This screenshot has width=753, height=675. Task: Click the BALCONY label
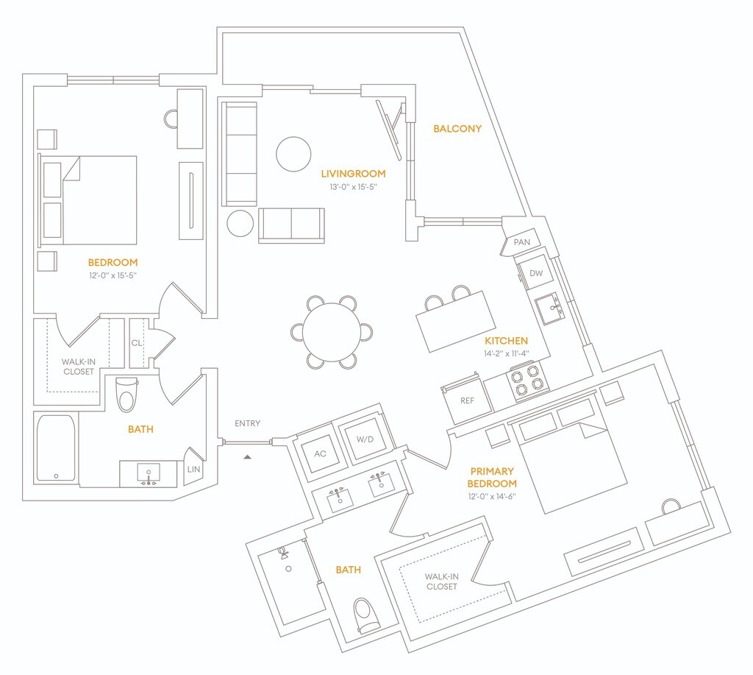tap(457, 128)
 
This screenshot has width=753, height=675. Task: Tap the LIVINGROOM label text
tap(354, 174)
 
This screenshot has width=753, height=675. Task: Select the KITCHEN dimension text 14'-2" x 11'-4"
tap(506, 353)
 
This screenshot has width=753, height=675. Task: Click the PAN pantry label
tap(522, 242)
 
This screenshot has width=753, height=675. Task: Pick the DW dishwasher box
tap(536, 272)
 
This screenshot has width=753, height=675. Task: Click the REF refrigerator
tap(467, 400)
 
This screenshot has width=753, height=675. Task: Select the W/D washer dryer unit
tap(365, 439)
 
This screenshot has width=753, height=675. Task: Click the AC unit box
tap(321, 453)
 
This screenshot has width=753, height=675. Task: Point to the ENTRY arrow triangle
tap(247, 456)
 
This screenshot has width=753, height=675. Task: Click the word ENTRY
tap(247, 423)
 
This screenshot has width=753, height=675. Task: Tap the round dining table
tap(332, 332)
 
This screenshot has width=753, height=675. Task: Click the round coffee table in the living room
tap(293, 154)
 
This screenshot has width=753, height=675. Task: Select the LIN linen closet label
tap(193, 469)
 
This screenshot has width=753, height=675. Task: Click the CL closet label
tap(137, 343)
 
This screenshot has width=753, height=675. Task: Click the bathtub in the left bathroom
tap(56, 448)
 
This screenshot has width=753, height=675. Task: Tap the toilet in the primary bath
tap(368, 616)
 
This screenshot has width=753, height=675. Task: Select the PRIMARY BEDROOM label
tap(492, 478)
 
